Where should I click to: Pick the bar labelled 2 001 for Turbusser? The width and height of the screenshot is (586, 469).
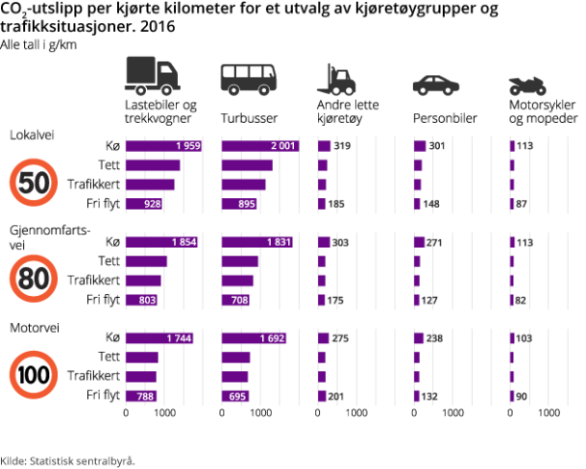coord(260,146)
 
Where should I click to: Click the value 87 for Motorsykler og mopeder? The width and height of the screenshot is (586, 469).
coord(524,204)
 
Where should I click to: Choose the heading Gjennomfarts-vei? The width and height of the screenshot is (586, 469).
coord(49,236)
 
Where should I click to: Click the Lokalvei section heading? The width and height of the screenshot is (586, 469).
coord(32,135)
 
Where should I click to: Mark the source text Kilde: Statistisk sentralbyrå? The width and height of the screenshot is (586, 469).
coord(67,459)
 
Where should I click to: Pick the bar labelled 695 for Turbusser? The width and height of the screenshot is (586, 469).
coord(236,396)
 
